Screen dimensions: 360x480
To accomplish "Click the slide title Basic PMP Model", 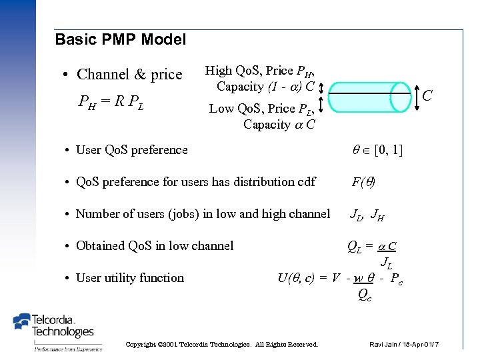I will click(120, 40).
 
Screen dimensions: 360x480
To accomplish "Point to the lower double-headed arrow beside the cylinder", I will click(321, 103).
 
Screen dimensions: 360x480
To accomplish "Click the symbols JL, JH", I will click(367, 214).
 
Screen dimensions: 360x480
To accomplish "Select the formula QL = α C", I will click(372, 246).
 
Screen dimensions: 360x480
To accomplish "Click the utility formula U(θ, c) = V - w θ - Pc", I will click(339, 278).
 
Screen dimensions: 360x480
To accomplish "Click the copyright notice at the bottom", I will click(222, 344).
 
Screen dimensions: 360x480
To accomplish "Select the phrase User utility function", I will click(129, 278).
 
